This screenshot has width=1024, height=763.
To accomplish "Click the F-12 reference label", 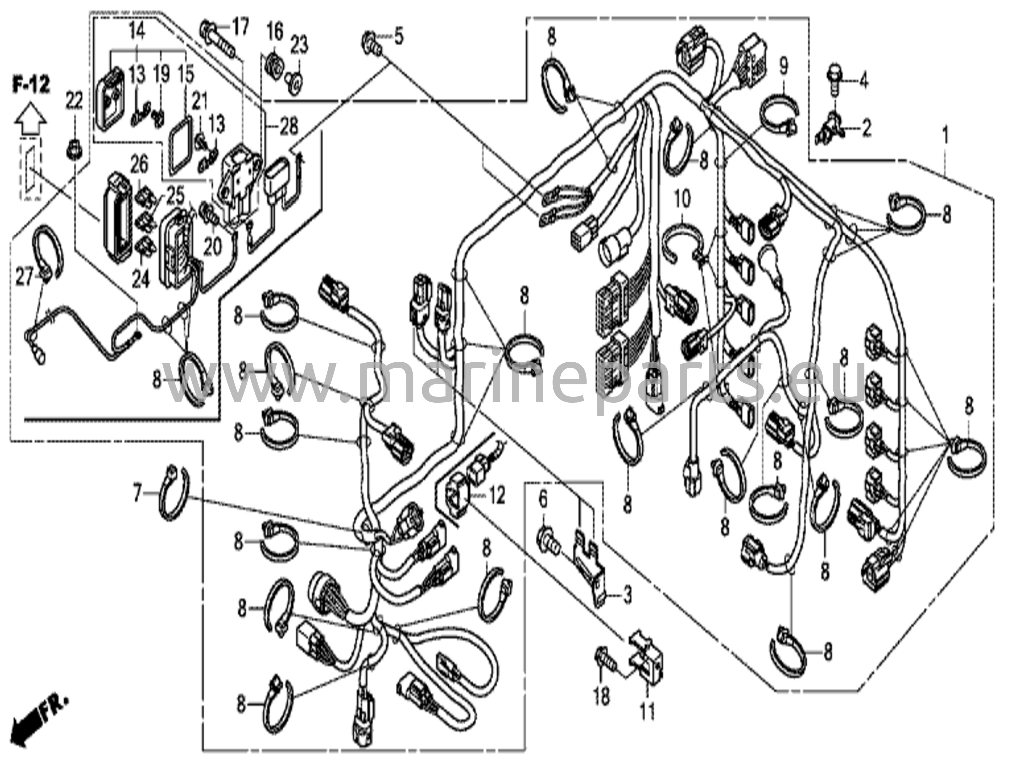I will click(x=31, y=86).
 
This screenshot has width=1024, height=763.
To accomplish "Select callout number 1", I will click(x=945, y=136).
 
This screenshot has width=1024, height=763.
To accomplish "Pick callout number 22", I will click(x=75, y=103).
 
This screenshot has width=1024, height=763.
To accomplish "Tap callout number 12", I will click(x=497, y=496).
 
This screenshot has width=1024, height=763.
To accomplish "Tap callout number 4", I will click(x=863, y=80).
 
